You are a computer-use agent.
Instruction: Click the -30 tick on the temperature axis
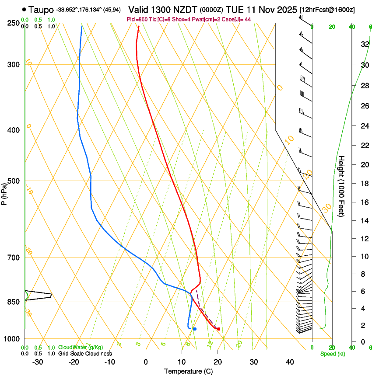[x=38, y=362]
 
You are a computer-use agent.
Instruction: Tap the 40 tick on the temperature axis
[x=290, y=362]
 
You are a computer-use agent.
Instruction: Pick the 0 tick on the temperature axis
[x=146, y=362]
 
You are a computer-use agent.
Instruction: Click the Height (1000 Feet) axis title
[x=342, y=186]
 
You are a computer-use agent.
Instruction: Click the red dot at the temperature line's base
[x=218, y=329]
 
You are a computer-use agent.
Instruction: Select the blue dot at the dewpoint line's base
[x=195, y=329]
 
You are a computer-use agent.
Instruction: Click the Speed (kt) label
[x=333, y=354]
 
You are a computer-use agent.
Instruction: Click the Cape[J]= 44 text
[x=237, y=19]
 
